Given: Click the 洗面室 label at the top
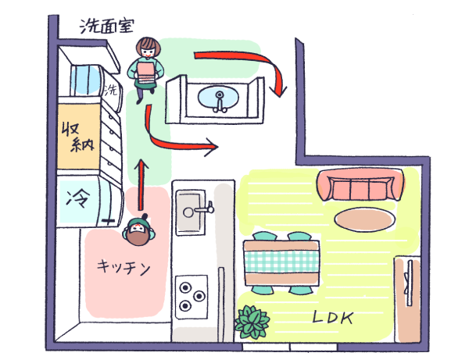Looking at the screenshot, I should click(105, 26).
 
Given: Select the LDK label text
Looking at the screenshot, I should click(333, 318).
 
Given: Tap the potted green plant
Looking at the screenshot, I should click(251, 322).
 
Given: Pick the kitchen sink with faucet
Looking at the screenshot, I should click(190, 210).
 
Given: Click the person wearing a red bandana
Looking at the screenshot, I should click(141, 232).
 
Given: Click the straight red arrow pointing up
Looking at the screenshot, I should click(141, 186).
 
